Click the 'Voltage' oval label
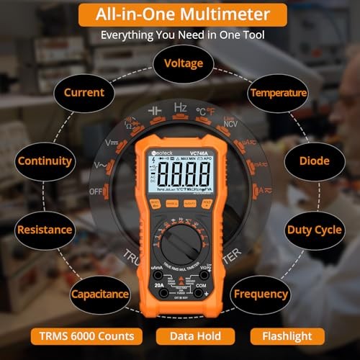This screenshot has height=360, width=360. click(184, 63)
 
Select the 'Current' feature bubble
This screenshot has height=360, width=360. click(84, 93)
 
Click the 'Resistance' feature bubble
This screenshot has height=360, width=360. click(45, 230)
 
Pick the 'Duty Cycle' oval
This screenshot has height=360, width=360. click(315, 230)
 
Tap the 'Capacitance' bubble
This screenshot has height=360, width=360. click(100, 294)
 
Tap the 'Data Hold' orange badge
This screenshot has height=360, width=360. click(195, 336)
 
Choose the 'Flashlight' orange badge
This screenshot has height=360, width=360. click(287, 336)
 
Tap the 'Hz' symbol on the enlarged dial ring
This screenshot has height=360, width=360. click(181, 107)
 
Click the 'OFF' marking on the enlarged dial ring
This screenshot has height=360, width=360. click(95, 192)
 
